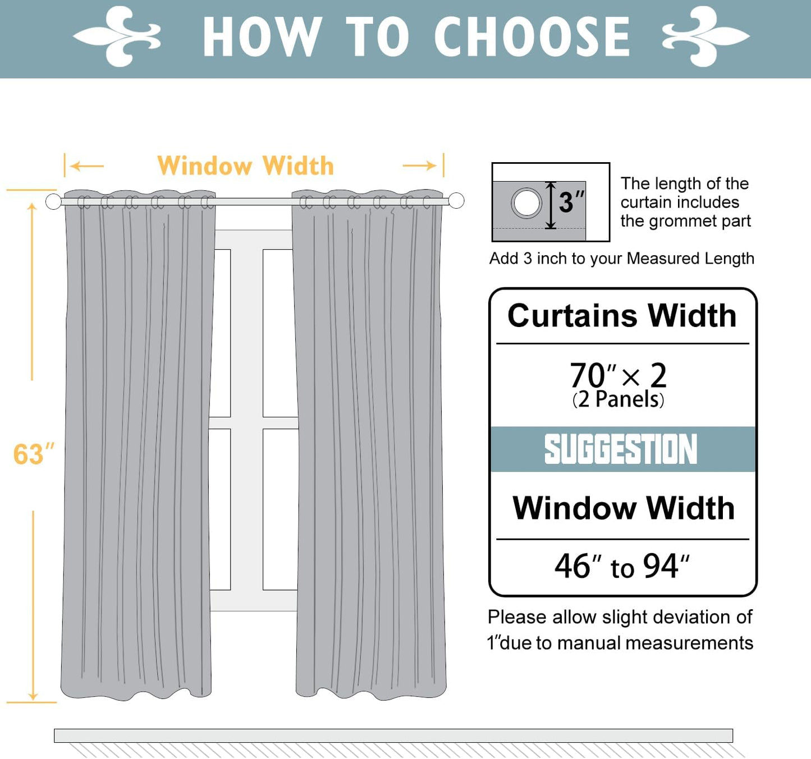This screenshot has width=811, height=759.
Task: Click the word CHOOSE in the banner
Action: click(x=531, y=37)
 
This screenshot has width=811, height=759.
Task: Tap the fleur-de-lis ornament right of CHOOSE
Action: click(x=705, y=36)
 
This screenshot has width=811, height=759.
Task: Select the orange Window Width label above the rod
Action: click(x=245, y=166)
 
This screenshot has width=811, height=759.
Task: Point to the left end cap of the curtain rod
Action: click(x=53, y=201)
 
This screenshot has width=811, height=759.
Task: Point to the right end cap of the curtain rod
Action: click(x=456, y=200)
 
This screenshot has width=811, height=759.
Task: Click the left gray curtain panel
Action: click(x=138, y=449)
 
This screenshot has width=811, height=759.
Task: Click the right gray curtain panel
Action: click(x=370, y=449)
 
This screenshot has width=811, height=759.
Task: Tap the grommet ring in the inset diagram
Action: click(x=526, y=203)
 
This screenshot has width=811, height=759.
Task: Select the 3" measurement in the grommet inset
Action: click(x=571, y=203)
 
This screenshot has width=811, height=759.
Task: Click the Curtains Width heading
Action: click(x=622, y=316)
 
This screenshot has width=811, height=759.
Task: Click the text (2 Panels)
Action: click(x=618, y=399)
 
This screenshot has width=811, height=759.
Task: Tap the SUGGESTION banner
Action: click(x=622, y=449)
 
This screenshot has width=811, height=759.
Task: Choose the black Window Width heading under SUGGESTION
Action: click(x=623, y=508)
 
